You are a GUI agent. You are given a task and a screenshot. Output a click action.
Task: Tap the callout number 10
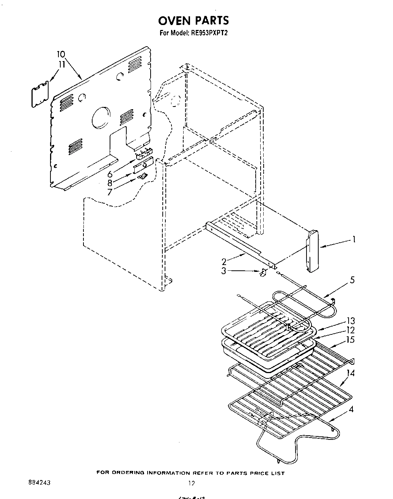[x=61, y=54]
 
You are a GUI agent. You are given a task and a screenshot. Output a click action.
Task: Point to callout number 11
[x=61, y=64]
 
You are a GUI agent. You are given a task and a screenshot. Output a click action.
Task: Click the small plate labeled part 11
[x=41, y=92]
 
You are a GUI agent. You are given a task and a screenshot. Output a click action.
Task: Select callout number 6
[x=110, y=174]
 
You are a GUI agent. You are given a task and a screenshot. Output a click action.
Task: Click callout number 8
[x=110, y=183]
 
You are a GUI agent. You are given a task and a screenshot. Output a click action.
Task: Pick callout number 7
[x=110, y=192]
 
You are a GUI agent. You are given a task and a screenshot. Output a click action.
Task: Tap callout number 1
[x=353, y=239]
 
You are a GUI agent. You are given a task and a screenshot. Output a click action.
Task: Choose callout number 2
[x=224, y=261]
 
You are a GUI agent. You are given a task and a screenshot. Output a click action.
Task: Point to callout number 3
[x=224, y=271]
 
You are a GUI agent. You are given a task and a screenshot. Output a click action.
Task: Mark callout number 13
[x=351, y=321]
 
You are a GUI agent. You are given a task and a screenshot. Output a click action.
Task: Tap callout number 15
[x=351, y=340]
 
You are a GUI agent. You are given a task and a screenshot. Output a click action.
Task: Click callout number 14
[x=351, y=373]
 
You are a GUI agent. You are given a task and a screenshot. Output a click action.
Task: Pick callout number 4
[x=352, y=410]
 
